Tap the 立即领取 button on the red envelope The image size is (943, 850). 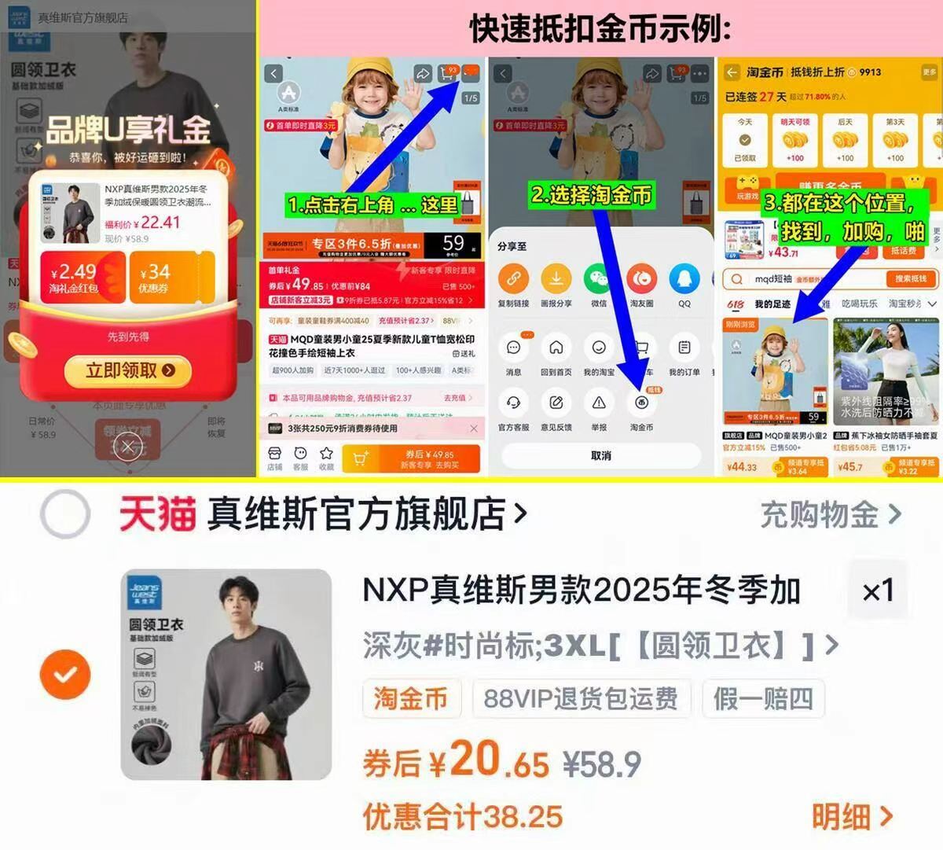pos(130,370)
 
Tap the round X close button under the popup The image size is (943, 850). pos(128,447)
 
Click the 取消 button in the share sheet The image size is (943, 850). pos(601,456)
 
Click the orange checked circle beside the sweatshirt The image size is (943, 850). pos(65,674)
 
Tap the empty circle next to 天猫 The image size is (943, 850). pos(65,515)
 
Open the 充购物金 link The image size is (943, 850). pos(830,516)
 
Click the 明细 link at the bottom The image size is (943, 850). pos(852,817)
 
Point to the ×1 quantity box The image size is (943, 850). pos(878,591)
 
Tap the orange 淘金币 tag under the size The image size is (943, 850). pos(410,698)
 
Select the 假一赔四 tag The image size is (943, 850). pos(762,698)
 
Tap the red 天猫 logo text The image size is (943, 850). pos(157,516)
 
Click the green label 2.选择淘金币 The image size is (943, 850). pos(591,194)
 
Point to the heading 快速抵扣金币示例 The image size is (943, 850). pos(600,30)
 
